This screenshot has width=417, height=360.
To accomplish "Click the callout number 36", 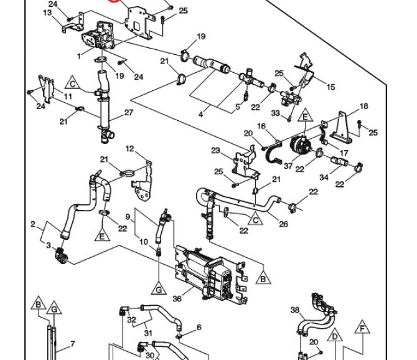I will pyautogui.click(x=177, y=299).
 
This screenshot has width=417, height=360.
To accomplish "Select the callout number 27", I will pyautogui.click(x=129, y=113).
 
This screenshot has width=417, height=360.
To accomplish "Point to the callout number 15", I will pyautogui.click(x=330, y=87).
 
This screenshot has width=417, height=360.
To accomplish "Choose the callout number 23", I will pyautogui.click(x=216, y=150).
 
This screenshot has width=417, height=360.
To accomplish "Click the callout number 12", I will pyautogui.click(x=129, y=148).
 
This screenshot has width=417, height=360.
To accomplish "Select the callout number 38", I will pyautogui.click(x=295, y=310).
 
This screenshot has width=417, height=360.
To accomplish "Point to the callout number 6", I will pyautogui.click(x=199, y=328).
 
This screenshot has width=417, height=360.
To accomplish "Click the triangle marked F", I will pyautogui.click(x=362, y=327).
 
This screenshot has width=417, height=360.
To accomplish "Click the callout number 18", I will pyautogui.click(x=364, y=107).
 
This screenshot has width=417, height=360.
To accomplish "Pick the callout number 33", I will pyautogui.click(x=276, y=113).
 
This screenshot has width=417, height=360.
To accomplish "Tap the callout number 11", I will pyautogui.click(x=68, y=97).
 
